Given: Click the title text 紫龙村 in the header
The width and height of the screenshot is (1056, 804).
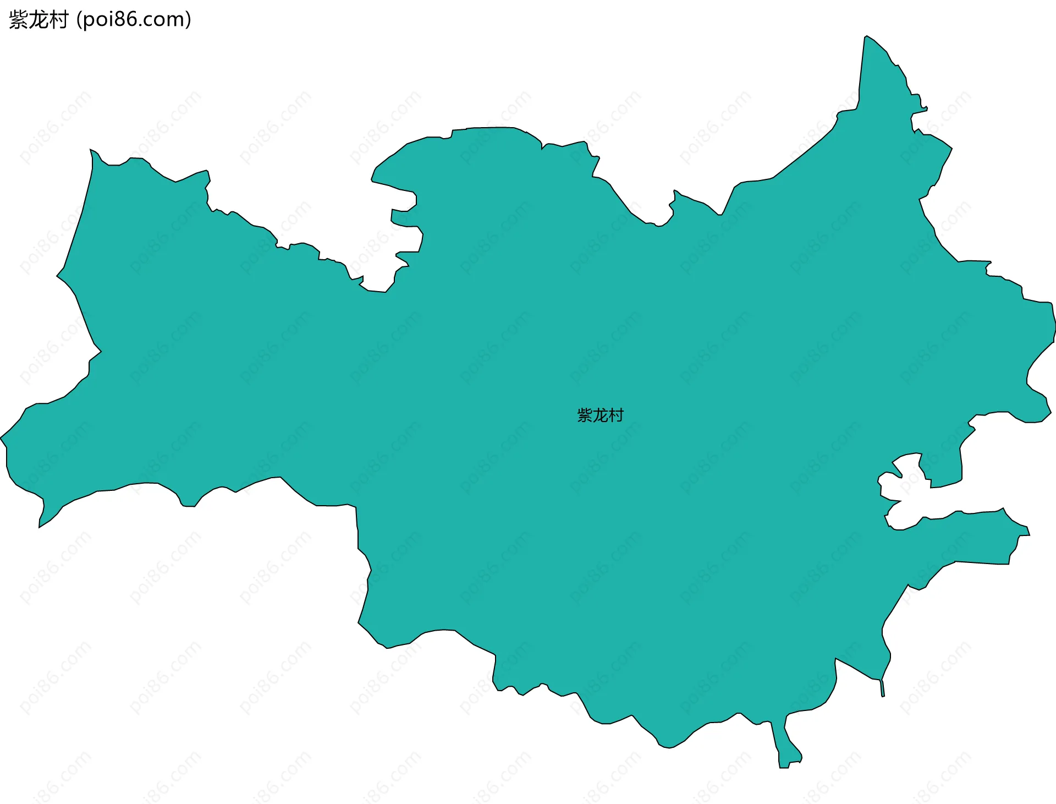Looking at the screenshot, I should [38, 20].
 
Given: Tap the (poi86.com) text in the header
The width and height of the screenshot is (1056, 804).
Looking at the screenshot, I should [134, 20].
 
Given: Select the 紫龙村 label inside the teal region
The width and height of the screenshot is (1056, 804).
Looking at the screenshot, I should [600, 415].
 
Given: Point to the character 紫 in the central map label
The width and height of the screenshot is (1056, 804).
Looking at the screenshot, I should [584, 415].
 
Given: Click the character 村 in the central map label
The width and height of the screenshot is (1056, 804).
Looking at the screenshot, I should [616, 415].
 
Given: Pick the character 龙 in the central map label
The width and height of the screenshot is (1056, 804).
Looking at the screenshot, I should [600, 415].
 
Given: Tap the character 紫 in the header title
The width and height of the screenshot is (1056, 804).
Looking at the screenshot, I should [18, 20].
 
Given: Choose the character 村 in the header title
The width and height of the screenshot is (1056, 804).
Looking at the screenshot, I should [58, 20].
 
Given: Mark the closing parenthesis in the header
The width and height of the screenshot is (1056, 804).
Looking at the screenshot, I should [188, 20].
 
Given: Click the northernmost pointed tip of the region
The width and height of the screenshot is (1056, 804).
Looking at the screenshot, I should [866, 37].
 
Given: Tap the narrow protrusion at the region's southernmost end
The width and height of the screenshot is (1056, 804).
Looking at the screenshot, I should [784, 765].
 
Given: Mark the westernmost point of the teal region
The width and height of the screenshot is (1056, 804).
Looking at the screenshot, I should [2, 439].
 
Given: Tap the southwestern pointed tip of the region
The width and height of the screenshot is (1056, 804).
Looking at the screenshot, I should [40, 526].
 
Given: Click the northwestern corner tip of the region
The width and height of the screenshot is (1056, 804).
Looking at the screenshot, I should [92, 150].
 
